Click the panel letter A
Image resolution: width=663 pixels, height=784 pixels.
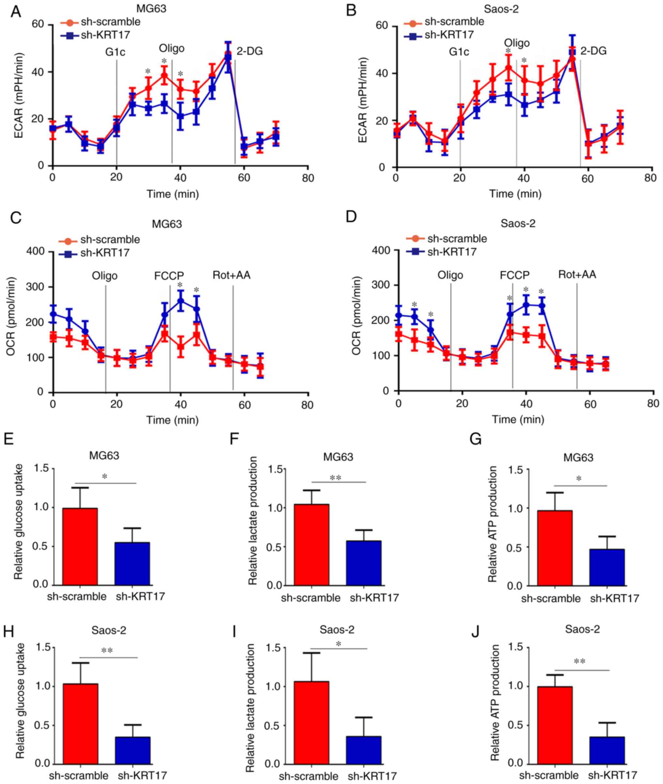pyautogui.click(x=15, y=12)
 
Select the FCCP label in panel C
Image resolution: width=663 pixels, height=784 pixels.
pyautogui.click(x=169, y=276)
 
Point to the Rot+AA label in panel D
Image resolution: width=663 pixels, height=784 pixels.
pyautogui.click(x=577, y=275)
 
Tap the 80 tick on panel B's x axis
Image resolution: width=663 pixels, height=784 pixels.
pyautogui.click(x=650, y=178)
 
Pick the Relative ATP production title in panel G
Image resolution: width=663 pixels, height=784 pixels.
pyautogui.click(x=493, y=524)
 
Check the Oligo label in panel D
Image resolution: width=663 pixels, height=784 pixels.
pyautogui.click(x=450, y=275)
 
